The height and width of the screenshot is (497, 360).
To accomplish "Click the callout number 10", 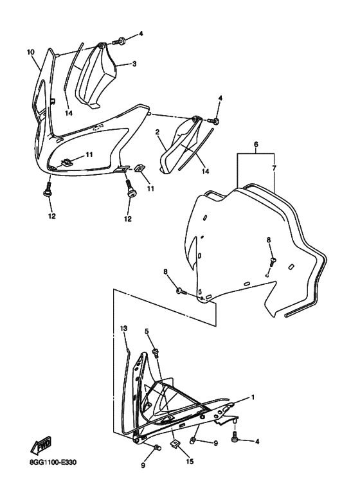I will point(30,51).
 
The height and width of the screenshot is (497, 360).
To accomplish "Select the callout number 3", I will point(134,64).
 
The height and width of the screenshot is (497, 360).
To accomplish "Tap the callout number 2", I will point(156,132).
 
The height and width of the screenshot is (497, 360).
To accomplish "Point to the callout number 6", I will point(256,146).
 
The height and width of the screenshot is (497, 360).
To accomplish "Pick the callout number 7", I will point(274,168).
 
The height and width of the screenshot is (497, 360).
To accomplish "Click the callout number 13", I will point(123,328).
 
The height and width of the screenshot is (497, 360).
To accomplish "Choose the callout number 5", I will point(147,332).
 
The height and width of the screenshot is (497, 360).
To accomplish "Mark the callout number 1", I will point(253,397).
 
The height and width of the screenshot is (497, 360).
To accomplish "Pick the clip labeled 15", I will point(174,444).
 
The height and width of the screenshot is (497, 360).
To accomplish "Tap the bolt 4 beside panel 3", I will point(121,42).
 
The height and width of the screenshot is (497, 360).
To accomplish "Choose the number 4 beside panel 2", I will point(220,98).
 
